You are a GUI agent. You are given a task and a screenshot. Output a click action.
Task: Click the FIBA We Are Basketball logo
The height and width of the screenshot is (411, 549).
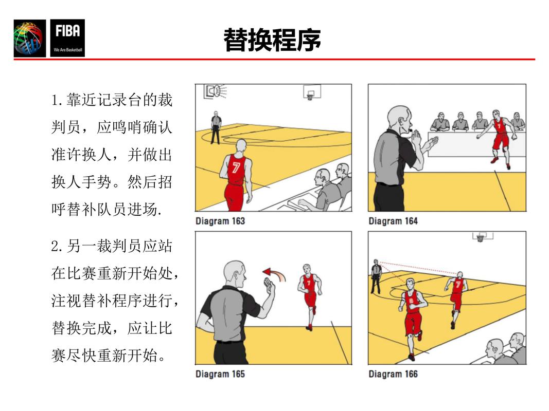coord(67,38)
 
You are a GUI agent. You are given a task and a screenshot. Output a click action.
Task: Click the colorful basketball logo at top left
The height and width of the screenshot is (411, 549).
coord(30,39)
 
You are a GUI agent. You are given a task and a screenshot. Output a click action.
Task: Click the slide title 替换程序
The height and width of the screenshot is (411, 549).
coord(272,40)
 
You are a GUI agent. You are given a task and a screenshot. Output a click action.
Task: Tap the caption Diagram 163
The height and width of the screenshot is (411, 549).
coord(220,221)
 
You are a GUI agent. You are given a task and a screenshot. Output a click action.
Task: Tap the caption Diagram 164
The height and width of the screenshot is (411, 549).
coord(393,221)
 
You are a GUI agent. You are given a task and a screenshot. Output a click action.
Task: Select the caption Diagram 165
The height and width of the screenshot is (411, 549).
coord(220,374)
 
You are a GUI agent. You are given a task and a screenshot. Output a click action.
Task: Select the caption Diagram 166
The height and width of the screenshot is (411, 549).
coord(393,374)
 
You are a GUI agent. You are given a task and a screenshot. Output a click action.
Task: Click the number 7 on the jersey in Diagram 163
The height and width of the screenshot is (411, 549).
coord(236,167)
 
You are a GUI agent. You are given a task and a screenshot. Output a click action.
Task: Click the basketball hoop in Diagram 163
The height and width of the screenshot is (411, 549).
coord(310,94)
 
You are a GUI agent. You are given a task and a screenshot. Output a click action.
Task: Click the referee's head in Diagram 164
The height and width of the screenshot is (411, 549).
coord(399,119)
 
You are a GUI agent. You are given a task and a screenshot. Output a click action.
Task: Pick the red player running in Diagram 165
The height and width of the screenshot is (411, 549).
coord(309,295)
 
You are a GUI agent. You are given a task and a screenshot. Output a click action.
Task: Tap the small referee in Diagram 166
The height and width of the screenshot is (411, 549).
coord(376,276)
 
